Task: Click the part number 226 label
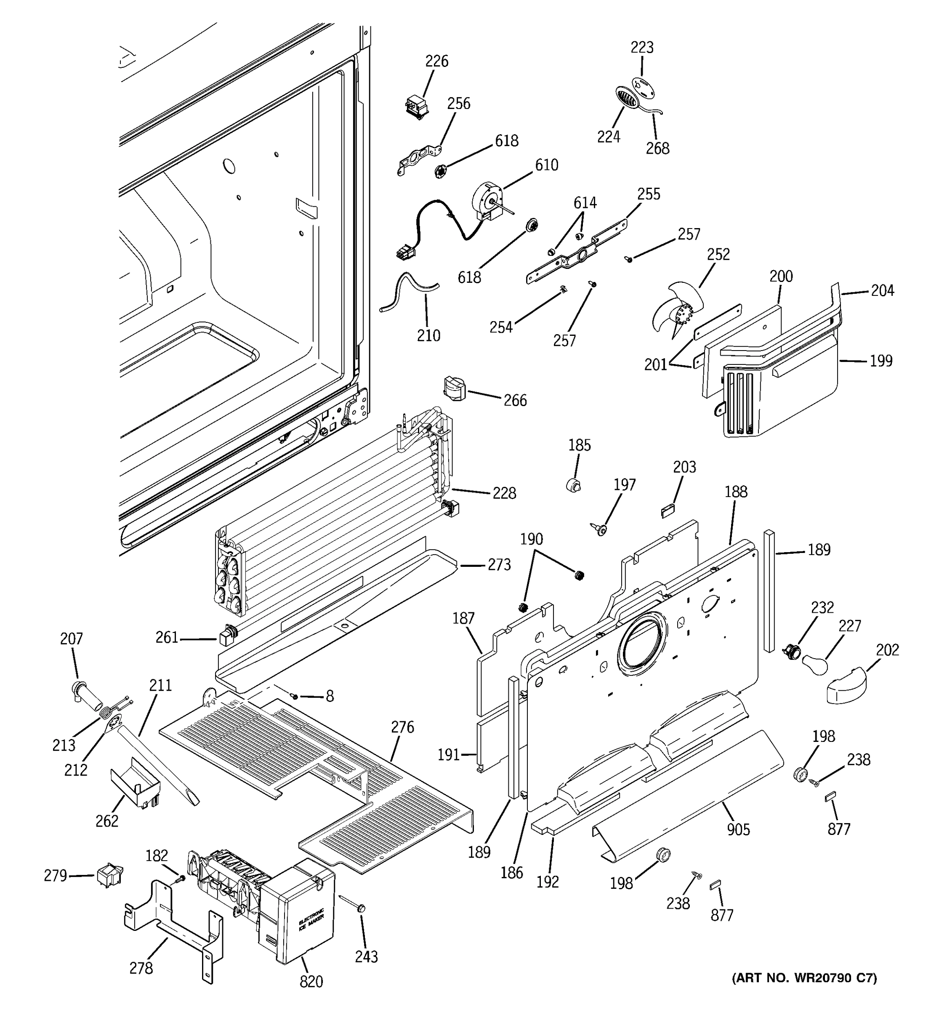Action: [x=436, y=61]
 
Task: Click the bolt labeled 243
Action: [x=361, y=909]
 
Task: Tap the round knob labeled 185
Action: [x=573, y=484]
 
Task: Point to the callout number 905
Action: [x=738, y=829]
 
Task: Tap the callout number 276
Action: [x=402, y=727]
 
